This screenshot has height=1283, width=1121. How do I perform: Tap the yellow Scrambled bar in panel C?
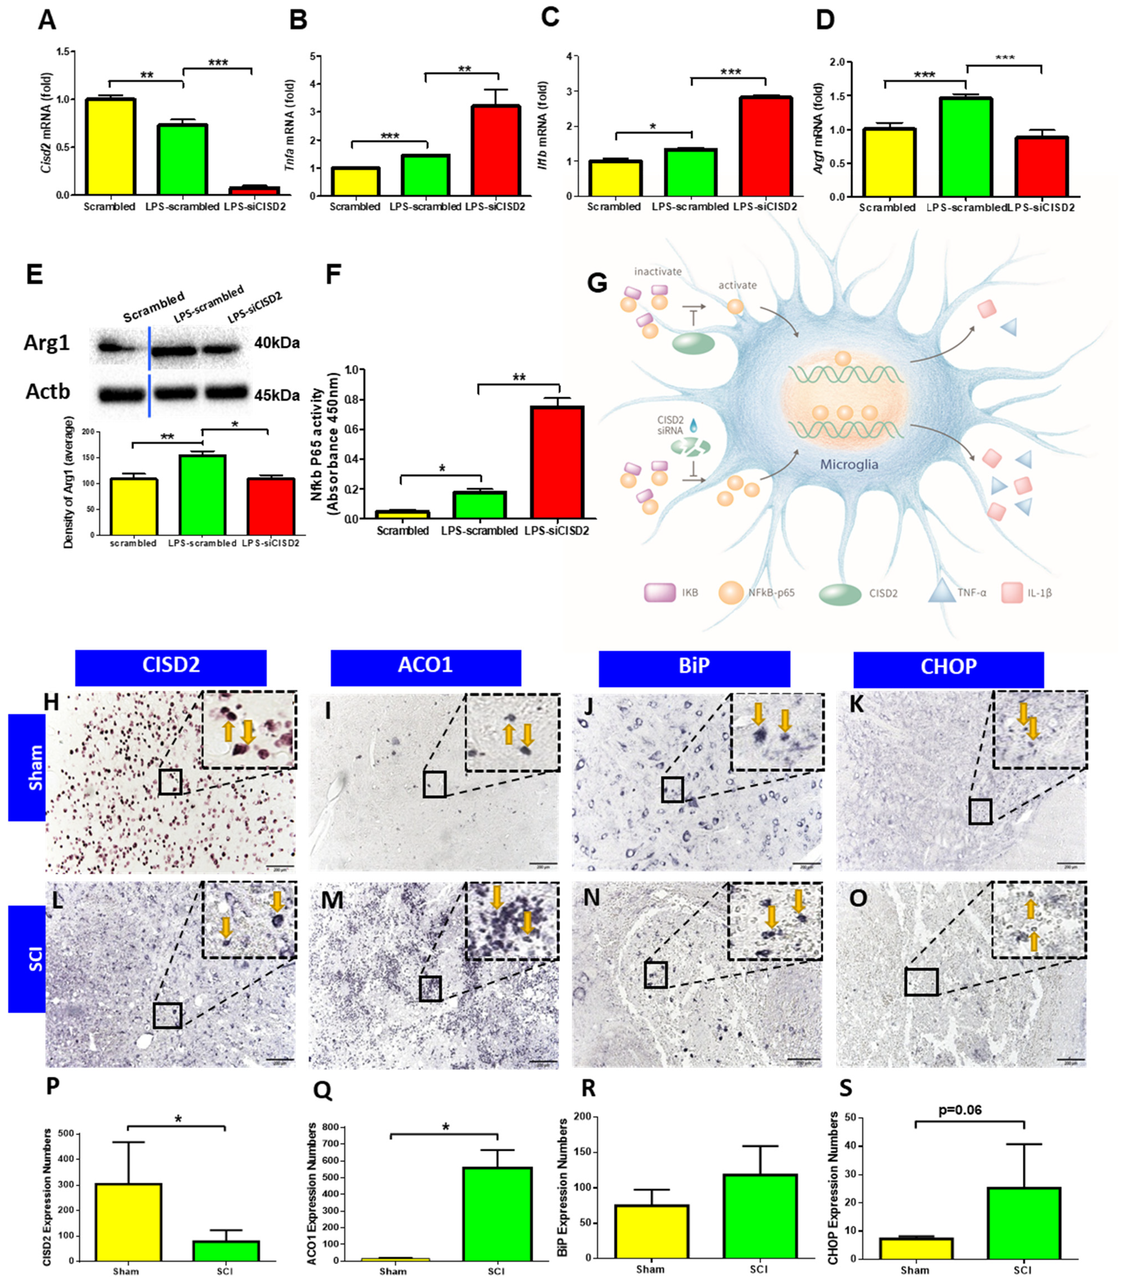click(615, 178)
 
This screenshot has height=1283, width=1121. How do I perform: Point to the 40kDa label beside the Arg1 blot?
click(277, 343)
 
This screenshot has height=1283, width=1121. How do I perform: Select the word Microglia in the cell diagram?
click(849, 464)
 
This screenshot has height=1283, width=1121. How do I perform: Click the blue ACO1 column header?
click(425, 665)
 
